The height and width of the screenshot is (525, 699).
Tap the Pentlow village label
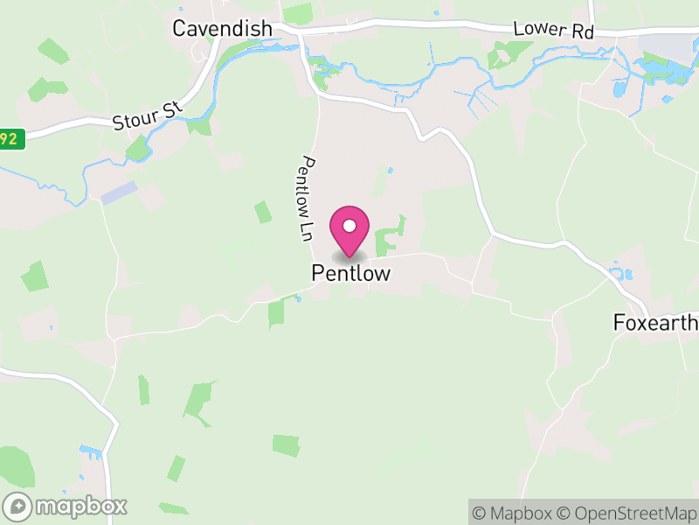point(350,274)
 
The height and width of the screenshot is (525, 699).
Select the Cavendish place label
point(222,28)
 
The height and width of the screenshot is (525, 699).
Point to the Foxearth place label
point(656,323)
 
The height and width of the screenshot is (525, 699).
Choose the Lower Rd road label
point(553,29)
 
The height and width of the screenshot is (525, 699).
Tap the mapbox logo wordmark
point(81,506)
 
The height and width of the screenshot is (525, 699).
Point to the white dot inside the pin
point(349,226)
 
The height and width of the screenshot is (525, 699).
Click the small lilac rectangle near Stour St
point(119,192)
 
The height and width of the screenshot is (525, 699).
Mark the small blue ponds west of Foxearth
point(622,273)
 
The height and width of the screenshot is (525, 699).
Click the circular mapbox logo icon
point(18,506)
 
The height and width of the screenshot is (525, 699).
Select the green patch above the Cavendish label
point(297,12)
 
